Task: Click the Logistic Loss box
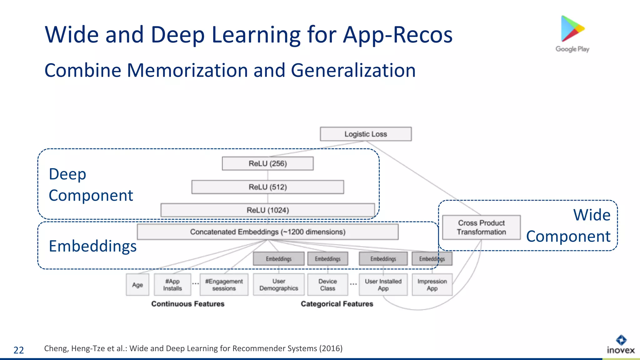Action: tap(366, 134)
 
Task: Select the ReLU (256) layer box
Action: tap(267, 163)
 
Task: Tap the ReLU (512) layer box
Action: tap(267, 187)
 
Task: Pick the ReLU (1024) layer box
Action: tap(267, 210)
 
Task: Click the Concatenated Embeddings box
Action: tap(267, 232)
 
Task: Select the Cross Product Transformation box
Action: tap(481, 227)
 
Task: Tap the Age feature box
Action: tap(137, 285)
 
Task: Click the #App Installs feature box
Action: tap(172, 285)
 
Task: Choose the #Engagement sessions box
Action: tap(224, 285)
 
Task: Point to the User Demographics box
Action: tap(278, 285)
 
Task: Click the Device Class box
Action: tap(327, 285)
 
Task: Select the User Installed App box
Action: tap(383, 285)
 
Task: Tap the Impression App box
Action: tap(432, 285)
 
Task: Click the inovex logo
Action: tap(621, 345)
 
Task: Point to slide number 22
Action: tap(19, 350)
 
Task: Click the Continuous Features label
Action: tap(188, 304)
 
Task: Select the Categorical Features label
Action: tap(337, 304)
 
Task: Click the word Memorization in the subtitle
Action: tap(187, 70)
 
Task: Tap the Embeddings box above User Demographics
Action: tap(278, 259)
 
